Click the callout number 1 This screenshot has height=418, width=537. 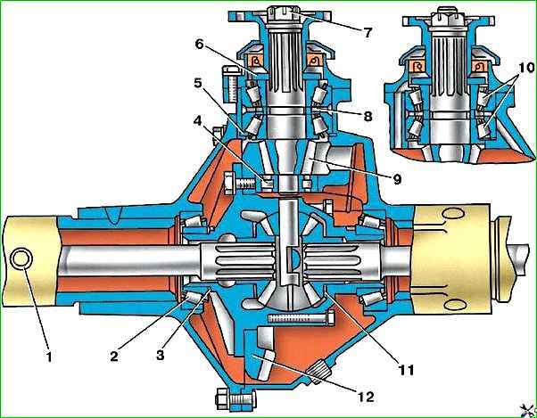coord(49,357)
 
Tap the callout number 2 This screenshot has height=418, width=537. coord(114,356)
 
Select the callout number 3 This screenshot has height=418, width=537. coord(161,355)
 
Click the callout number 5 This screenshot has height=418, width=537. coord(198,83)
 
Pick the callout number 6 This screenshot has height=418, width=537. coord(200,44)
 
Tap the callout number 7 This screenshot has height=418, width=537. coord(368,33)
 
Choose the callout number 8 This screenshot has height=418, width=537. coord(368,117)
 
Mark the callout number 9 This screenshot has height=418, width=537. coord(397,179)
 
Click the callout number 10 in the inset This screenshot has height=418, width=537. coord(526,68)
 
